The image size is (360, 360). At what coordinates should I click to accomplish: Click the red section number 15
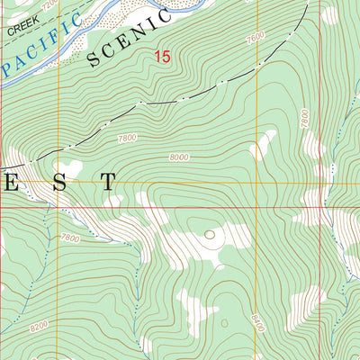161,57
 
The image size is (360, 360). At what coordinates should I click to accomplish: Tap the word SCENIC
129,40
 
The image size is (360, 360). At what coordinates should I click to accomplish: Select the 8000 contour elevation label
179,157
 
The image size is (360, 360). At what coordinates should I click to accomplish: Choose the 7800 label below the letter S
68,238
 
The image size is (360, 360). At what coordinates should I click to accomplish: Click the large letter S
59,183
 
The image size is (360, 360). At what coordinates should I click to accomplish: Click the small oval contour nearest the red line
211,235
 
